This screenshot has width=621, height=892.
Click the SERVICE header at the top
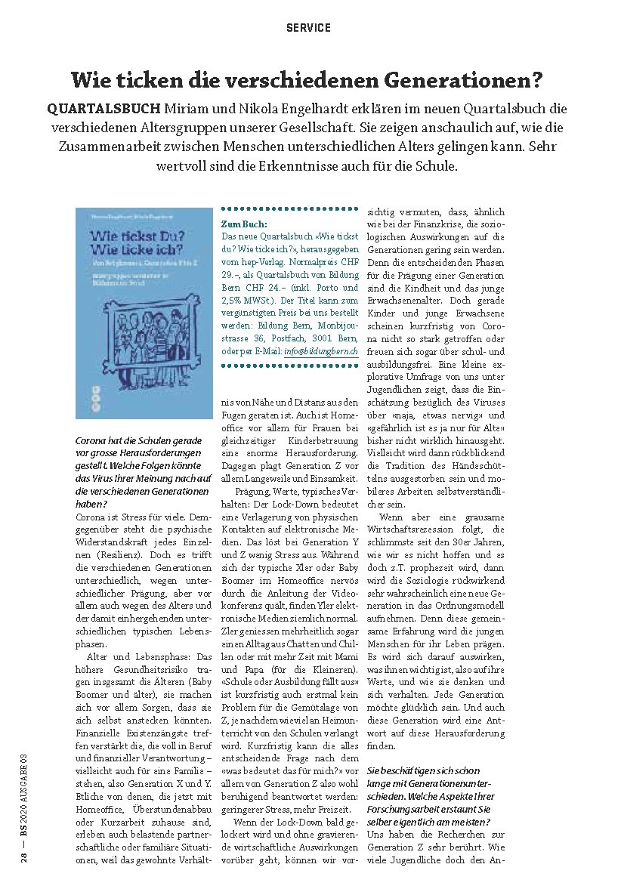point(308,28)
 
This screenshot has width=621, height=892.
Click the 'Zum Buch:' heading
point(241,224)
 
